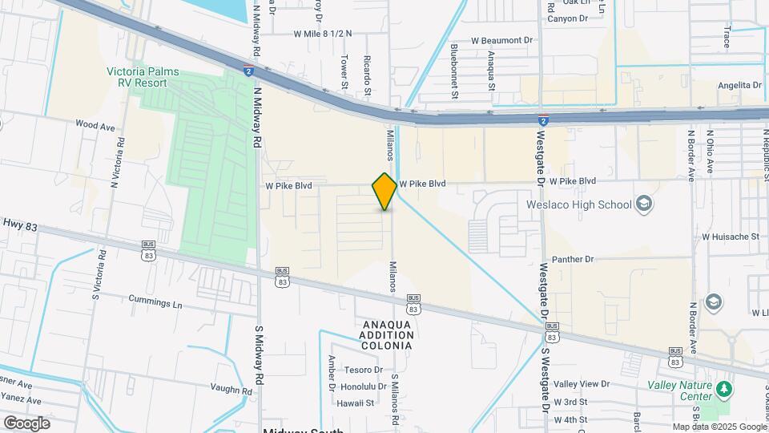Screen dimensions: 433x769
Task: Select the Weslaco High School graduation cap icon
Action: click(643, 204)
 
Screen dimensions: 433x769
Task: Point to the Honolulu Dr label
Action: click(362, 386)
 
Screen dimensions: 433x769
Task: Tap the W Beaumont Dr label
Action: click(501, 39)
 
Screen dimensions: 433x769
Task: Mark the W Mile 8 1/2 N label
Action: click(323, 34)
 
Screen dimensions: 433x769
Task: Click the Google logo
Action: click(26, 423)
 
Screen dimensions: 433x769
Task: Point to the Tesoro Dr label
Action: click(364, 370)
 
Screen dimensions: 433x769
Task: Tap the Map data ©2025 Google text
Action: click(719, 427)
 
